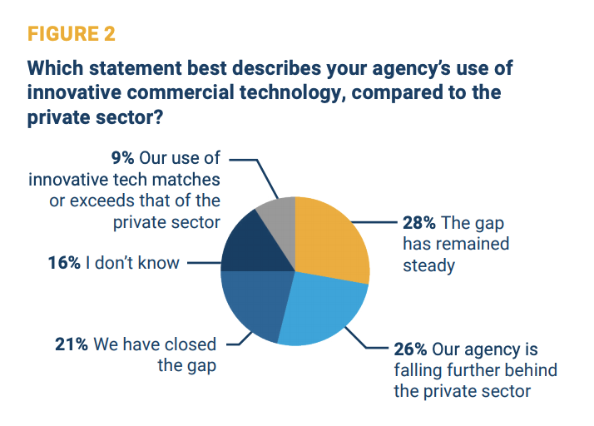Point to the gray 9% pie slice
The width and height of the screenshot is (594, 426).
(279, 216)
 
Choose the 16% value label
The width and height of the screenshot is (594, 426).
(64, 264)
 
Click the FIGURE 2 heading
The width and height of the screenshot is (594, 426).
(72, 34)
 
